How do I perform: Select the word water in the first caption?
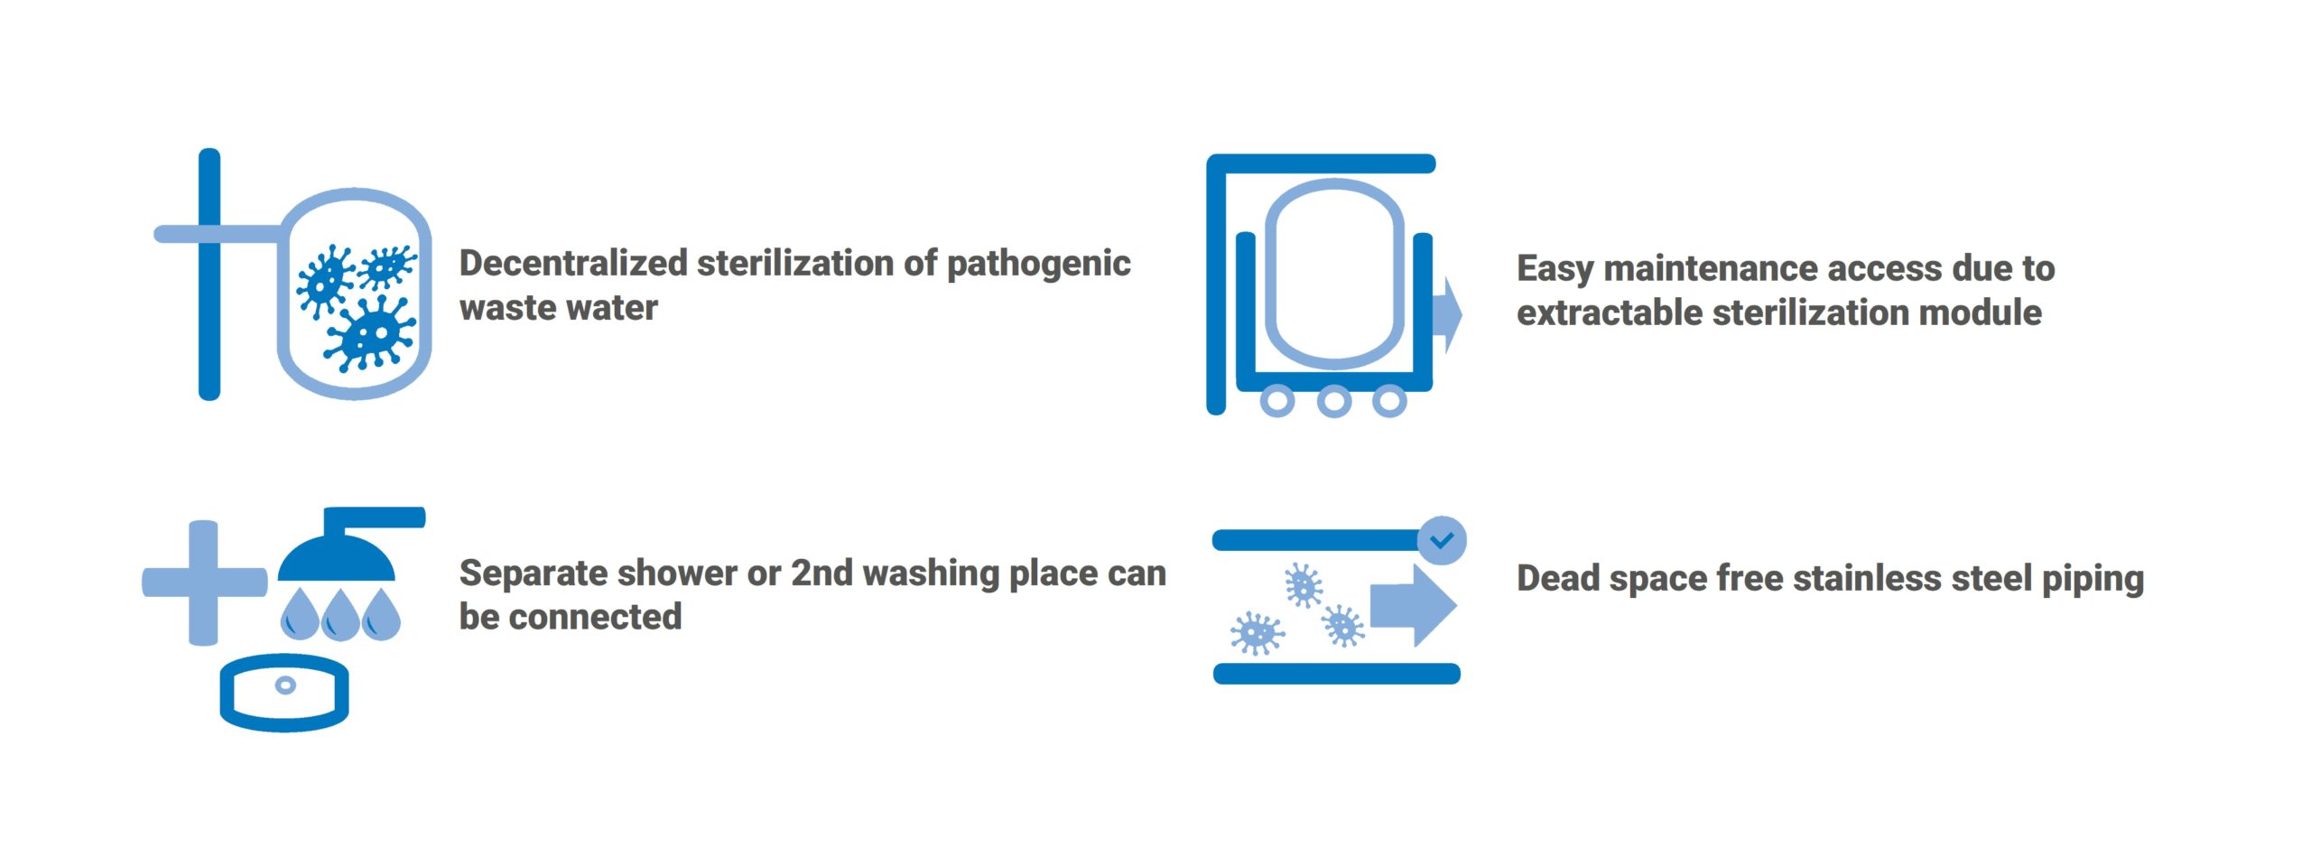coord(612,309)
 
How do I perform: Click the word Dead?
coord(1558,578)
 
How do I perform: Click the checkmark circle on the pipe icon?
coord(1442,540)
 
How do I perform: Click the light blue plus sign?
coord(204,583)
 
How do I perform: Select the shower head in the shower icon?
coord(337,556)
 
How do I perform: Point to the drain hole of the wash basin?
coord(285,685)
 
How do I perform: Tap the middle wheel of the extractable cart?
coord(1333,400)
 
